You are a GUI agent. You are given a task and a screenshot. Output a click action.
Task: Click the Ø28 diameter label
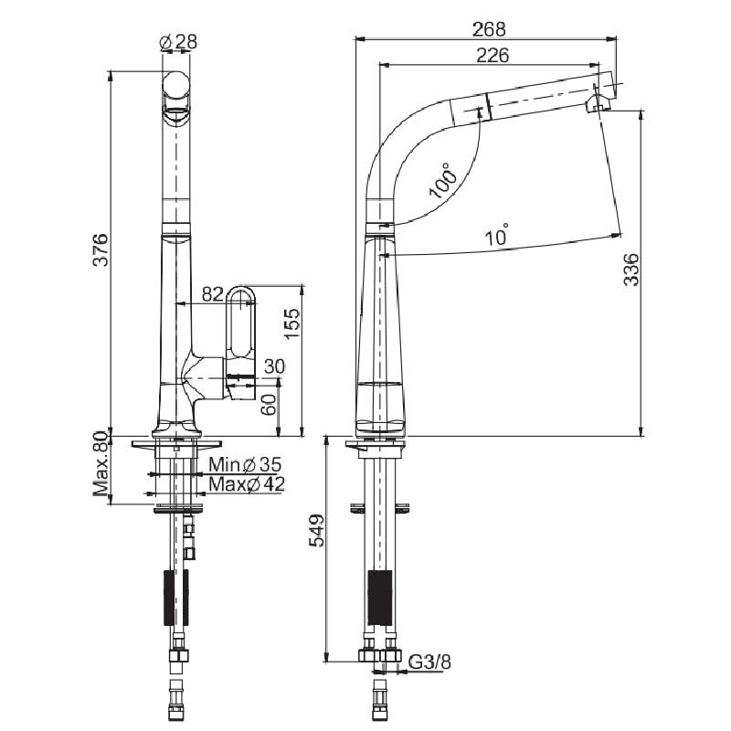pos(178,42)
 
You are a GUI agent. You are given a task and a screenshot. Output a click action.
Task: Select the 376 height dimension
pos(101,249)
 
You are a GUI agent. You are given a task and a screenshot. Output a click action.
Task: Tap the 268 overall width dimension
pos(489,29)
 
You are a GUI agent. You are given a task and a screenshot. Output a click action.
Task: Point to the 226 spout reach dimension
pos(493,55)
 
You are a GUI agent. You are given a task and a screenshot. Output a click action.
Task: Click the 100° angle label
pos(443,180)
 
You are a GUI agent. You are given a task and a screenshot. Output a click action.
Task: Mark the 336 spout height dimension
pos(631,269)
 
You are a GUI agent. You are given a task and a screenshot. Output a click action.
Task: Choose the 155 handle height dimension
pos(292,323)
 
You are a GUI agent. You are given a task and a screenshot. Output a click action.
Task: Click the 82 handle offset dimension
pos(212,294)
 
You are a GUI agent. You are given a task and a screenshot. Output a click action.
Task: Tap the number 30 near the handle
pos(275,366)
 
